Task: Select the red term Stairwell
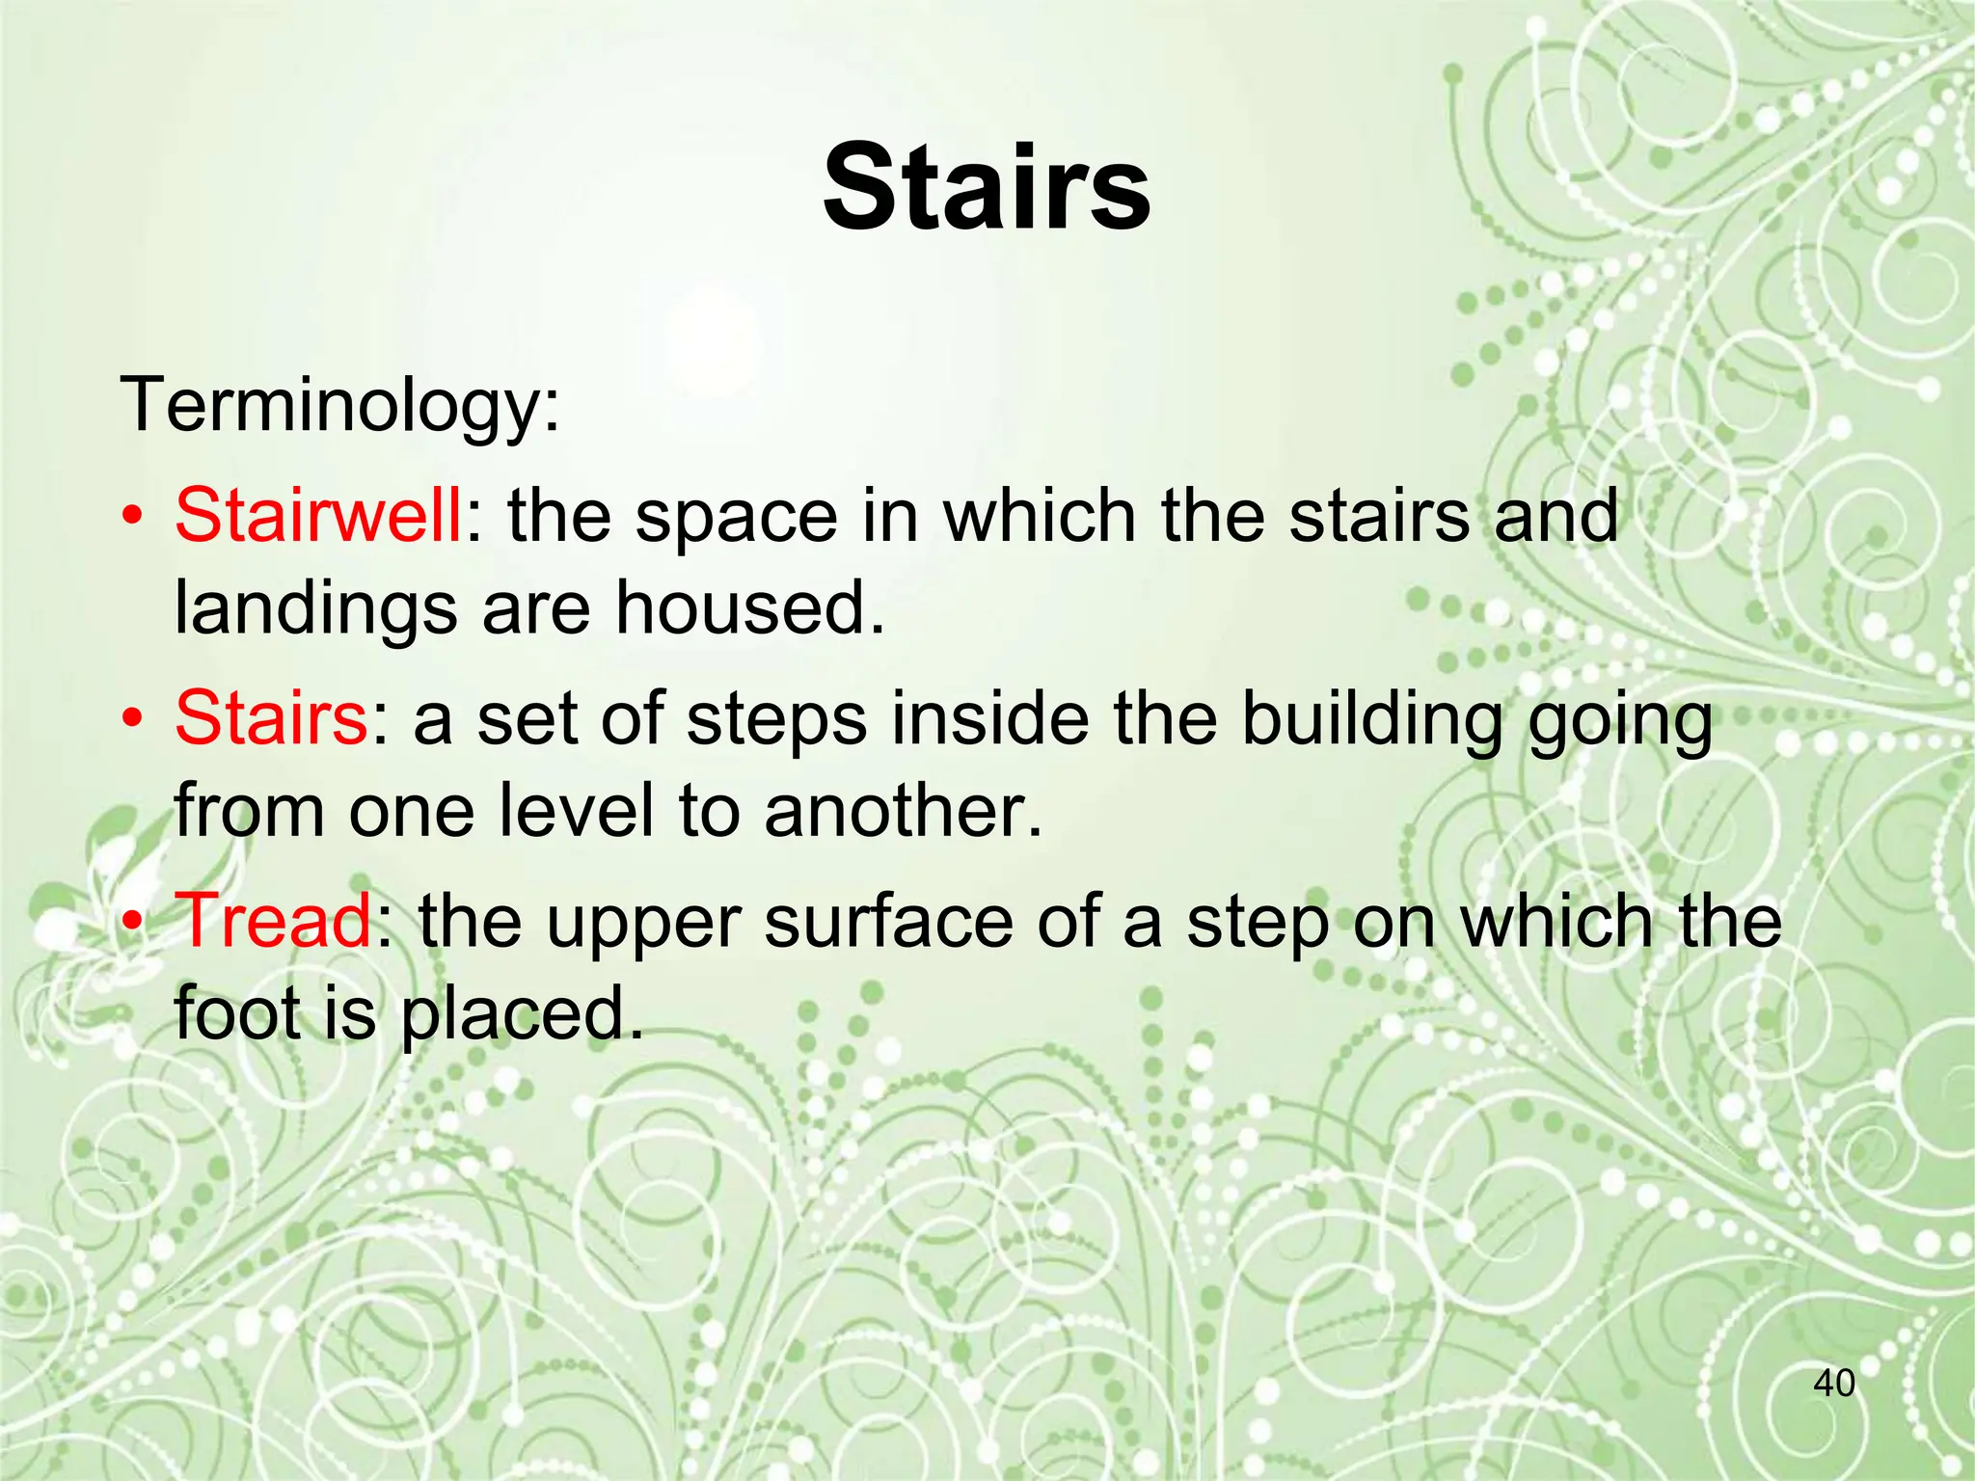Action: tap(317, 515)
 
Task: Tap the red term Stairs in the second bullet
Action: tap(270, 718)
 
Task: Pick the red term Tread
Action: tap(274, 921)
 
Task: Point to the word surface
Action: tap(888, 922)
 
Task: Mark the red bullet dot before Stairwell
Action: tap(135, 518)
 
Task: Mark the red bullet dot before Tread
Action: tap(135, 923)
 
